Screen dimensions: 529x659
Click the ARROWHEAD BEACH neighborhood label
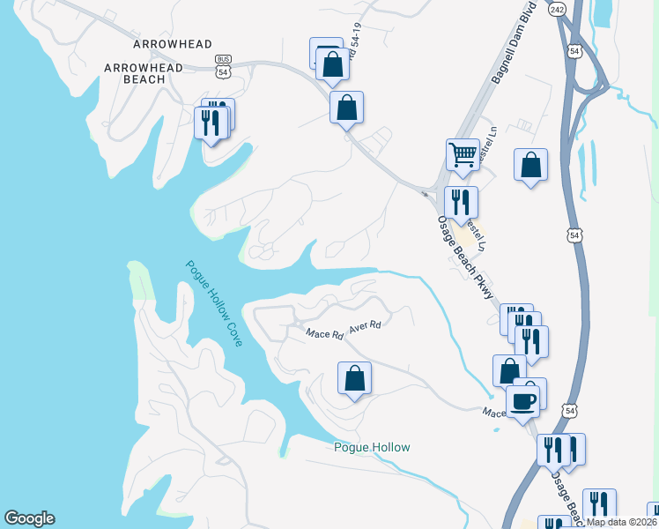[x=144, y=73]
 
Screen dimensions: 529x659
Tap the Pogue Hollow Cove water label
[x=214, y=302]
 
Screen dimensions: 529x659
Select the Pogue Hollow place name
[x=372, y=447]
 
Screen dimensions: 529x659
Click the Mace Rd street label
[x=324, y=334]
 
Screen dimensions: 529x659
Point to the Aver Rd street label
[x=364, y=326]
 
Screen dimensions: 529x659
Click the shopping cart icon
[x=463, y=154]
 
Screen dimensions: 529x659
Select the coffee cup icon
[x=523, y=400]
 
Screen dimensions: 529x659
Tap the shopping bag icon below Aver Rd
[x=354, y=378]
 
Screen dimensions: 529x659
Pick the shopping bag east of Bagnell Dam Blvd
[x=530, y=165]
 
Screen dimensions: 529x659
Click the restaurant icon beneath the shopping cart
[x=461, y=202]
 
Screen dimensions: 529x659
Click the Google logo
[x=29, y=518]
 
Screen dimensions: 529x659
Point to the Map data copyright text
[x=622, y=522]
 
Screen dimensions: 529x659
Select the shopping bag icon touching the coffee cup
[x=508, y=372]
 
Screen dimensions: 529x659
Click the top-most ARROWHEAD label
[x=162, y=43]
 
